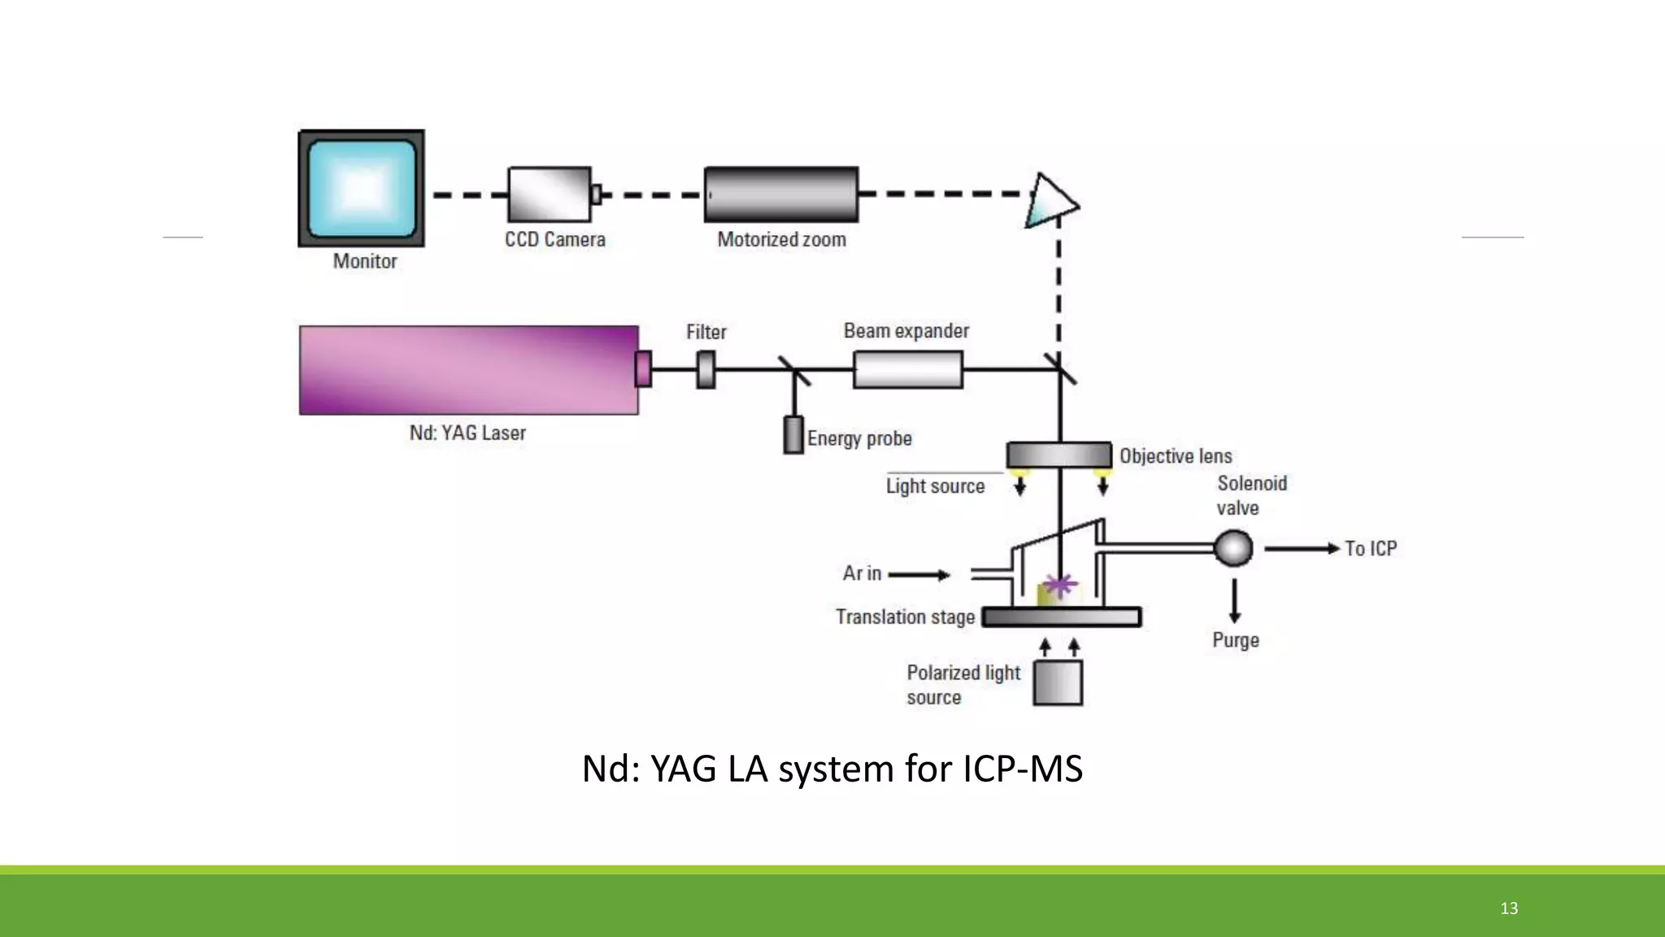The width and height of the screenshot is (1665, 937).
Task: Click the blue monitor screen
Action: (x=362, y=188)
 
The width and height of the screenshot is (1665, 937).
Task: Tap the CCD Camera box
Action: (x=550, y=194)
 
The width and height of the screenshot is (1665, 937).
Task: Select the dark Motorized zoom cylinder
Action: (x=780, y=194)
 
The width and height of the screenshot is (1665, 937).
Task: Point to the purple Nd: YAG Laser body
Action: (x=468, y=370)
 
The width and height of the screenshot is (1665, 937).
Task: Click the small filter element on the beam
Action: (x=706, y=369)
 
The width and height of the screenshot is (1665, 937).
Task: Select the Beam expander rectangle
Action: (x=908, y=369)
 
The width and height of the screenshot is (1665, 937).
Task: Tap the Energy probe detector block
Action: (x=793, y=434)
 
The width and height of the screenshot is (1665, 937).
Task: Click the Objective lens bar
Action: (x=1059, y=455)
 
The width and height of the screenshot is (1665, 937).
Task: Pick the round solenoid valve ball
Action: (x=1233, y=548)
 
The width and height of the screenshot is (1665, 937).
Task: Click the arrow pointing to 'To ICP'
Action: (x=1301, y=549)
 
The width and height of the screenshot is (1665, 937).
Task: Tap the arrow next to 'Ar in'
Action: (x=919, y=575)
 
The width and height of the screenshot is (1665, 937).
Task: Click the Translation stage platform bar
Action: (x=1061, y=617)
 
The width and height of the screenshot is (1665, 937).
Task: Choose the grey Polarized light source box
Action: (x=1058, y=682)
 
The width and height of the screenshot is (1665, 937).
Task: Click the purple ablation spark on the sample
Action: (x=1059, y=583)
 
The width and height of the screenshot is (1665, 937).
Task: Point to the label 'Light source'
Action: (x=935, y=486)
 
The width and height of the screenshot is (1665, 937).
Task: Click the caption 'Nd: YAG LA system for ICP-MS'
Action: (x=832, y=769)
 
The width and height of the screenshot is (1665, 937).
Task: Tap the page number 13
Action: (x=1509, y=909)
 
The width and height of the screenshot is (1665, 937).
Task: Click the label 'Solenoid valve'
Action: (x=1251, y=495)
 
